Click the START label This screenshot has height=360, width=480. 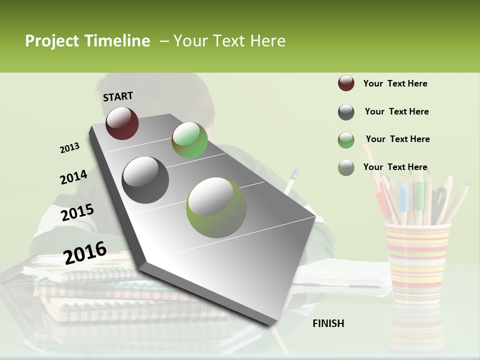coord(118,96)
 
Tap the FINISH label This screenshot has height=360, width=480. coord(328,323)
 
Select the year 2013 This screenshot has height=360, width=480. coord(69,148)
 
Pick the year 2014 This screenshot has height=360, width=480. coord(73,177)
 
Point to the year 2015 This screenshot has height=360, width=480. coord(77,212)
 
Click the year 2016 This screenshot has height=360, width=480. coord(85,252)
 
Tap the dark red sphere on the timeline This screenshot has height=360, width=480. coord(122,123)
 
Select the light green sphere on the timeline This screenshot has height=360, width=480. coord(189,140)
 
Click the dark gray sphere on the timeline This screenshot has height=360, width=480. coord(145,180)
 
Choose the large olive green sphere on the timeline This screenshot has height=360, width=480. coord(216,207)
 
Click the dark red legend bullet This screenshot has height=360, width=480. coord(346,83)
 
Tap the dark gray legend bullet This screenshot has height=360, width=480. coord(346,112)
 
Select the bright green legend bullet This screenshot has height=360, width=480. coord(346,140)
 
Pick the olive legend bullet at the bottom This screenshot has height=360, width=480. coord(346,167)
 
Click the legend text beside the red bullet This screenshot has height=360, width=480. coord(395,83)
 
